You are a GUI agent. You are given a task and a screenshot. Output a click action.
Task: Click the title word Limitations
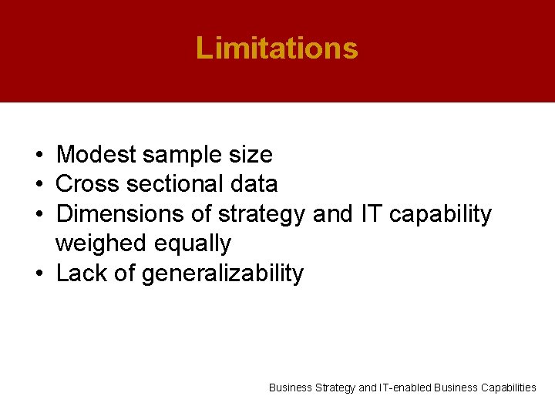point(277,48)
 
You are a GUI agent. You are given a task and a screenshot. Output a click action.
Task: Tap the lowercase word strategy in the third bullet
point(262,214)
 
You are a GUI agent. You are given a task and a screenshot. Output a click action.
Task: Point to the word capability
point(440,214)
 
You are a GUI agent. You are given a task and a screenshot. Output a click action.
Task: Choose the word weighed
point(102,243)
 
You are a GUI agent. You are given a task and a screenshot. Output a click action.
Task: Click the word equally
point(193,243)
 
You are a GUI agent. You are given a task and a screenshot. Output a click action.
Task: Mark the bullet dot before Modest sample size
point(38,156)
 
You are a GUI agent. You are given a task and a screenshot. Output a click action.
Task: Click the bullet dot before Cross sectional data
point(38,185)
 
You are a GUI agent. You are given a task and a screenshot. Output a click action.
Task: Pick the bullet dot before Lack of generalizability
point(38,273)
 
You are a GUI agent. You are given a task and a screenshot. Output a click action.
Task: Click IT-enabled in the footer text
point(405,387)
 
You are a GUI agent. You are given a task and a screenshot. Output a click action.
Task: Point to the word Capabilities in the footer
point(506,387)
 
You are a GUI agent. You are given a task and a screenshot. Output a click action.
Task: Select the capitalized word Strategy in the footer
point(335,387)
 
